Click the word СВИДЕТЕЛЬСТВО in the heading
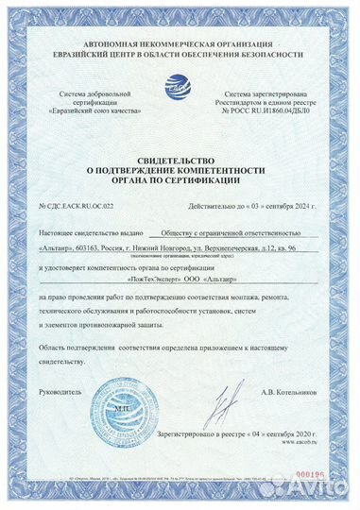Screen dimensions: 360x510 pyautogui.click(x=179, y=162)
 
